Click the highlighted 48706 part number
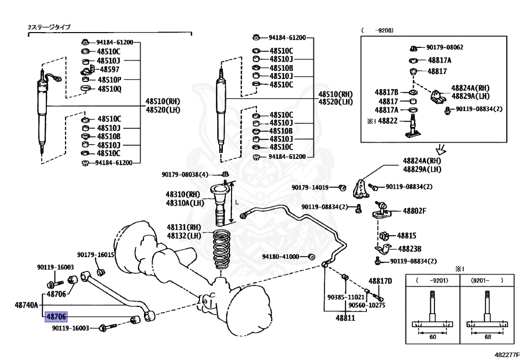click(56, 317)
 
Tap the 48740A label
click(26, 304)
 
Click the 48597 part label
click(109, 69)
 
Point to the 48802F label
click(414, 211)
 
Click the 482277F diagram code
click(507, 355)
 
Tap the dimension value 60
click(432, 337)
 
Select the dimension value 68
click(487, 337)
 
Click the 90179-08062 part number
click(445, 47)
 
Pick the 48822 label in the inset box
click(388, 121)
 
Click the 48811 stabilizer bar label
click(345, 318)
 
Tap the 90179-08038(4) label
click(185, 175)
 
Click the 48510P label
click(109, 80)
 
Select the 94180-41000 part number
click(280, 257)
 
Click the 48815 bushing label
click(407, 236)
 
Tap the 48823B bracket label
click(410, 248)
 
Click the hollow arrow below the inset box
click(441, 150)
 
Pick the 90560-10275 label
click(367, 305)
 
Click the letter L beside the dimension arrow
click(237, 202)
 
